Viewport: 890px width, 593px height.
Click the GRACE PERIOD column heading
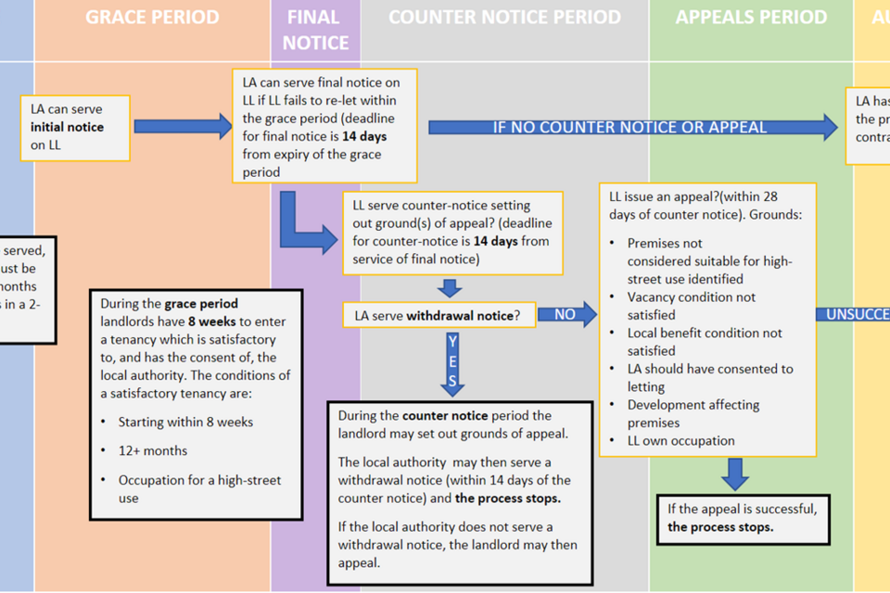tap(152, 18)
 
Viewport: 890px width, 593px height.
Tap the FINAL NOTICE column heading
tap(315, 30)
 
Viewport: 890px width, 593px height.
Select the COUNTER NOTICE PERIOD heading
tap(504, 18)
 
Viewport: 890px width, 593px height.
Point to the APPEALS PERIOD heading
tap(751, 18)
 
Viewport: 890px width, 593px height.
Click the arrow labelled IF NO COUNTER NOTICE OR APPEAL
tap(630, 127)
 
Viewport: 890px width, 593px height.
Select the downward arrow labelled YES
tap(452, 361)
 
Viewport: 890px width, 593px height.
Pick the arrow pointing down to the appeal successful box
tap(735, 473)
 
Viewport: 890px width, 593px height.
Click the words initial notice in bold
tap(67, 127)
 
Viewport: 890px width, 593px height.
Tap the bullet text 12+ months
tap(153, 451)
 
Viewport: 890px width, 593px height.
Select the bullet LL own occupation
tap(681, 441)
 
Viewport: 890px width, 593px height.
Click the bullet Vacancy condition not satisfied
tap(691, 306)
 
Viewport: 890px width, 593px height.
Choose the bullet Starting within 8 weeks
tap(185, 423)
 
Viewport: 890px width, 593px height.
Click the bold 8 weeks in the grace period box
tap(212, 321)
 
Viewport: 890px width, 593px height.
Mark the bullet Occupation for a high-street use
tap(199, 488)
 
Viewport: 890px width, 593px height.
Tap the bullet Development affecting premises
tap(693, 413)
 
